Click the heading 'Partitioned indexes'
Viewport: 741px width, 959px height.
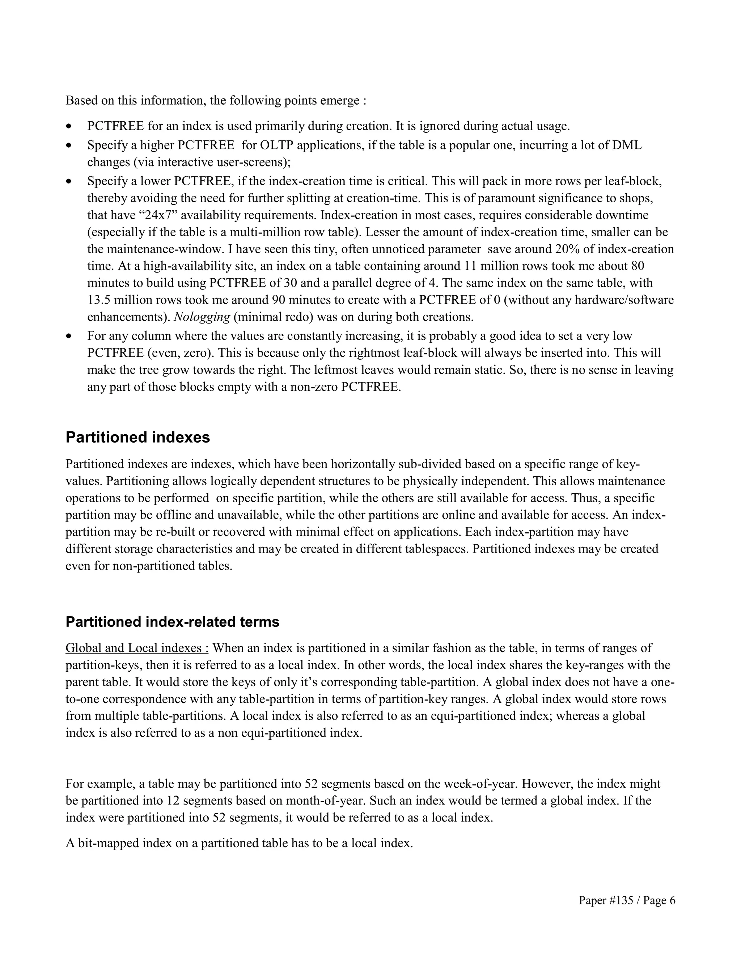click(137, 438)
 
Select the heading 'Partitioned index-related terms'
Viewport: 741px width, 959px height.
click(172, 622)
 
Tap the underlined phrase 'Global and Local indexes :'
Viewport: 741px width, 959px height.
click(137, 648)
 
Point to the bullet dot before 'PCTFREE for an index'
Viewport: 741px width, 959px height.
click(68, 126)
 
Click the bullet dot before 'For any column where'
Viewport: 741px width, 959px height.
click(68, 336)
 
